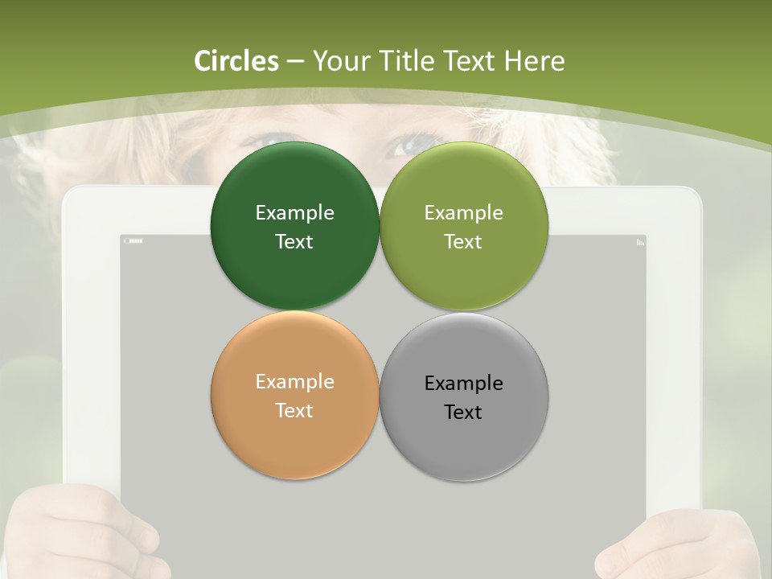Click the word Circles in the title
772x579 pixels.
pos(236,61)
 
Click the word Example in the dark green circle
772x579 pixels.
pos(294,212)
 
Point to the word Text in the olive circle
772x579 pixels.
pos(463,241)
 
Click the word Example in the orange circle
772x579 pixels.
pos(294,381)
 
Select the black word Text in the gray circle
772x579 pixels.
pos(463,412)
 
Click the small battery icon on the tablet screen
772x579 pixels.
pos(133,240)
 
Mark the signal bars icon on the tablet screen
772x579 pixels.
pos(640,241)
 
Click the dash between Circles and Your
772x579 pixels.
pos(295,62)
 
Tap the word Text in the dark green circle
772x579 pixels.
pos(294,241)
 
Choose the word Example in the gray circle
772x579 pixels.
pos(463,383)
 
